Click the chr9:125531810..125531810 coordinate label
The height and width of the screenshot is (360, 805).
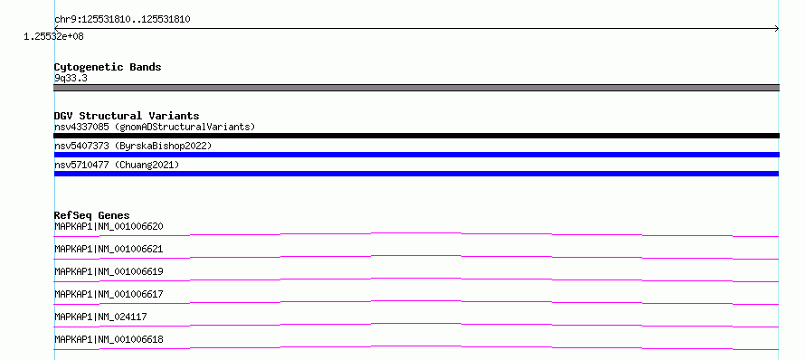pos(122,20)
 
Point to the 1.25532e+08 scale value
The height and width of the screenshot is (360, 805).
pos(53,36)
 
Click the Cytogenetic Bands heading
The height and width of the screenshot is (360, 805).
pos(108,67)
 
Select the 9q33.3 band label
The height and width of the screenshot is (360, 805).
pos(71,78)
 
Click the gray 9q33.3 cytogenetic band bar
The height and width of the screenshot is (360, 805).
pos(416,88)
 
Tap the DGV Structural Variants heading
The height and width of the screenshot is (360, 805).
pos(127,116)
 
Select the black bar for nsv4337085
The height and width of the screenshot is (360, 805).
pos(416,136)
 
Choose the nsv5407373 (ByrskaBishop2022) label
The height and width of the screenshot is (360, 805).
pos(133,146)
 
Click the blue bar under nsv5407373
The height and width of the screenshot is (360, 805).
pos(416,155)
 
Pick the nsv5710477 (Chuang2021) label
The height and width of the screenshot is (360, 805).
pos(117,165)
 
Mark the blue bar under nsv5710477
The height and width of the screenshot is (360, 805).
pos(416,174)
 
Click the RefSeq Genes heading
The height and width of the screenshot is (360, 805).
pos(92,215)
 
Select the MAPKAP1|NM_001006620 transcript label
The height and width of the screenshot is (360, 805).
pos(109,226)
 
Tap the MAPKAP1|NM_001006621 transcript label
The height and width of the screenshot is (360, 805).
pos(109,249)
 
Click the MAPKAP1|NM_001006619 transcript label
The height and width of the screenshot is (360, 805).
pos(109,271)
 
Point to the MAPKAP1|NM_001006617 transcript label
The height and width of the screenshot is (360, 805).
pos(109,294)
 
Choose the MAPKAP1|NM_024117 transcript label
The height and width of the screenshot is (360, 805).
pos(100,317)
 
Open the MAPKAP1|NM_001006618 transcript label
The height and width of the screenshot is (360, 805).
pos(109,339)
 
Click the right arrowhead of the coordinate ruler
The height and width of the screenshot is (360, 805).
pos(778,29)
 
